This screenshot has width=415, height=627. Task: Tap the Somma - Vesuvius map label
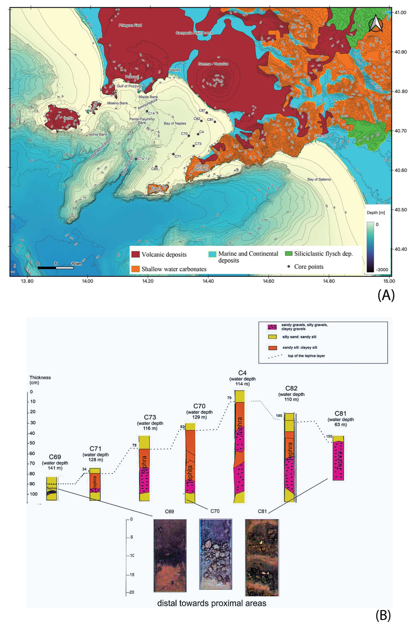click(213, 64)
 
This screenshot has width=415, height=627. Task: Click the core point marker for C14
click(147, 111)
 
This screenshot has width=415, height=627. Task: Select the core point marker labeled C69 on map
click(156, 167)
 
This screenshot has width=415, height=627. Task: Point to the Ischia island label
click(68, 118)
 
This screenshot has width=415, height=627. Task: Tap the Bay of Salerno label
click(319, 179)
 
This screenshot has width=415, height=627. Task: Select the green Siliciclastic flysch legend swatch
click(288, 254)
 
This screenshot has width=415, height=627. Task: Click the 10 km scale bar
click(56, 268)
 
